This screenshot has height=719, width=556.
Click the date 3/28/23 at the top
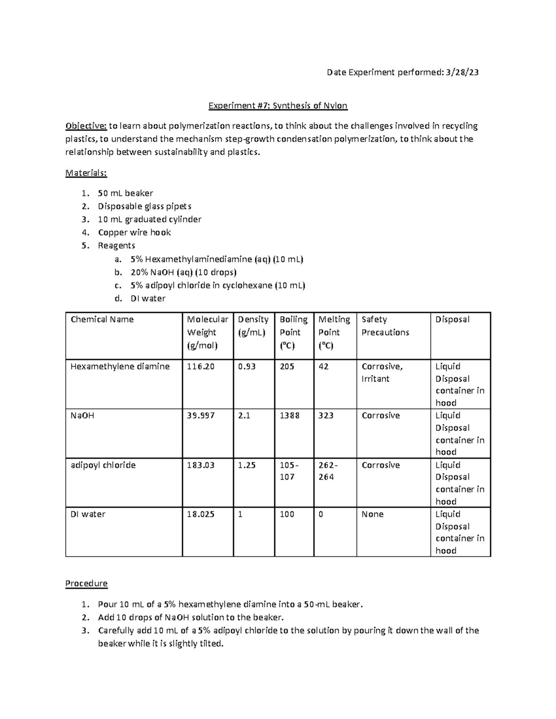[461, 72]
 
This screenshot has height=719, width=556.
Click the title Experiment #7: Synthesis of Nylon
[278, 106]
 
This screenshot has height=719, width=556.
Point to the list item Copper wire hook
[134, 232]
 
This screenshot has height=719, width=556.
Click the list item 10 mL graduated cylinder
[149, 219]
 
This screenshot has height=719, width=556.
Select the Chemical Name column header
[102, 319]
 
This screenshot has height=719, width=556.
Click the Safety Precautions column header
[385, 326]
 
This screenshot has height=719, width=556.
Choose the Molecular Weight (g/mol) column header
[207, 332]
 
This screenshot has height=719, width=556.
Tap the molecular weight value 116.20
[201, 367]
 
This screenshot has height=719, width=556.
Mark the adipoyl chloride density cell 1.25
[246, 465]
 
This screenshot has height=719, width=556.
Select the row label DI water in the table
[88, 514]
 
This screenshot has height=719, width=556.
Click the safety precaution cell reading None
[373, 514]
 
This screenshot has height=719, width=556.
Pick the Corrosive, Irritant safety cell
[382, 373]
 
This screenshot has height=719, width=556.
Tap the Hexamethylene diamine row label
[120, 367]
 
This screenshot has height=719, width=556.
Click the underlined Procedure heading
[86, 583]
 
